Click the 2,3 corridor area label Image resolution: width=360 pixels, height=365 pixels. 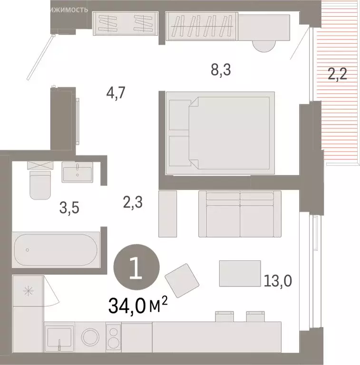point(133,203)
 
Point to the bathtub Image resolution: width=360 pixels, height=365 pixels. point(57,250)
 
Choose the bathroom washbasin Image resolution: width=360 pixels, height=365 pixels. point(77,172)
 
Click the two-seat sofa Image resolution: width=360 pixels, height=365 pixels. point(240,213)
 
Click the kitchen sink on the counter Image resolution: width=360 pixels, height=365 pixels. point(59,337)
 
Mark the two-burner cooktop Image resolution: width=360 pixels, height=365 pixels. point(113,336)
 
